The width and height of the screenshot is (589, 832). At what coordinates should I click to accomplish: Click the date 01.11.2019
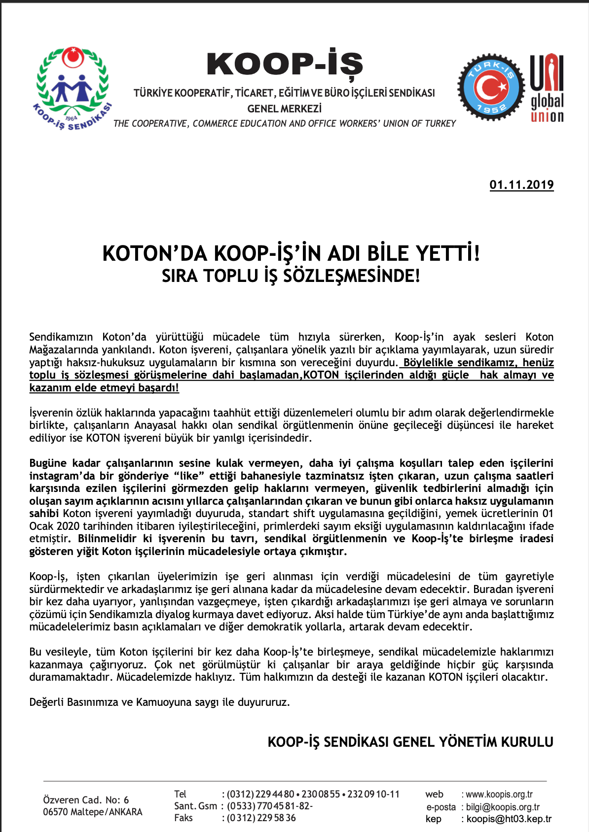521,185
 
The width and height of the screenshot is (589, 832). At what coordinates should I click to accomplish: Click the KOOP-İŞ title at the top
285,65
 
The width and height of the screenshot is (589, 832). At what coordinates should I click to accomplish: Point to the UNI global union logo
547,89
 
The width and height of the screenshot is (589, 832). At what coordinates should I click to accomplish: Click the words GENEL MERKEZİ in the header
285,108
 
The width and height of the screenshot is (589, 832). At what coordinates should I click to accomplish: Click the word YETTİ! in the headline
448,253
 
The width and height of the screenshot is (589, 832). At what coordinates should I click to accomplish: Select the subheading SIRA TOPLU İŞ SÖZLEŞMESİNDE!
291,276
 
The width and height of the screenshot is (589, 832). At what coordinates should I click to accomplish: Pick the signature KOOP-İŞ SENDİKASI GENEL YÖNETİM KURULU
410,742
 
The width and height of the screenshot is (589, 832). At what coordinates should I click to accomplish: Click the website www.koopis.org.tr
499,794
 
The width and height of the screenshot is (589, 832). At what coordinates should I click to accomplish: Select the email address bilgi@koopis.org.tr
503,807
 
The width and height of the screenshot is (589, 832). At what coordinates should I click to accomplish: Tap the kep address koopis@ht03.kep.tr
509,819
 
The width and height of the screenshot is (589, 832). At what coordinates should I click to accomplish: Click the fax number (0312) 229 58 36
261,818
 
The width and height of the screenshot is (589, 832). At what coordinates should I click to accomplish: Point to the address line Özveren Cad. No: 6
86,799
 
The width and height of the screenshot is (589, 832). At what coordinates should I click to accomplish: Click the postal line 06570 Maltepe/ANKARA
92,812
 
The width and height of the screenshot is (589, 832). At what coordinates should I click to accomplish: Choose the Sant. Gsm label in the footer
195,806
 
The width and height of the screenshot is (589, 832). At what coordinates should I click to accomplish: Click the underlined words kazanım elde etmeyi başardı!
104,388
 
